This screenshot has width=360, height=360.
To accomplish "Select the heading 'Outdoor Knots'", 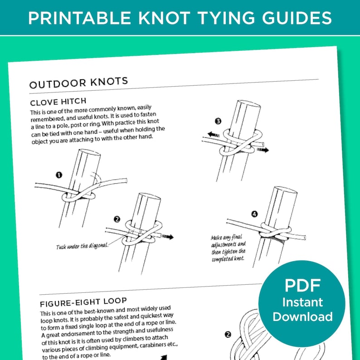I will coord(78,83).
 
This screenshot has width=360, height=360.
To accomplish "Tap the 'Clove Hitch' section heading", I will coord(58,101).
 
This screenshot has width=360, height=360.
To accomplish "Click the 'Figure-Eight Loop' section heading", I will coord(83,302).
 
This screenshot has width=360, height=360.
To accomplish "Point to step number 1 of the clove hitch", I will coord(59,175).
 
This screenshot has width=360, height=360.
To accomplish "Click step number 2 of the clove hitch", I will coord(117,219).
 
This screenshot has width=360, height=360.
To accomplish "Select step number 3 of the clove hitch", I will coord(218,121).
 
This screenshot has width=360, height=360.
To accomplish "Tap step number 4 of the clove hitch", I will coord(254,214).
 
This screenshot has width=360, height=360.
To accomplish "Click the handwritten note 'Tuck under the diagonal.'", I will coord(82,246).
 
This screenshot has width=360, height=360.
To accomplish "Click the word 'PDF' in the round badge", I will coord(302,286).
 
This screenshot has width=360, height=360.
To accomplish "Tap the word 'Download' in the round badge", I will coord(302,316).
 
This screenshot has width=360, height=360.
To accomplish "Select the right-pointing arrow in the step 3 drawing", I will coord(261,149).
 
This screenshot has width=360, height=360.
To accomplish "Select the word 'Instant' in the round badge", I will coord(302,302).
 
